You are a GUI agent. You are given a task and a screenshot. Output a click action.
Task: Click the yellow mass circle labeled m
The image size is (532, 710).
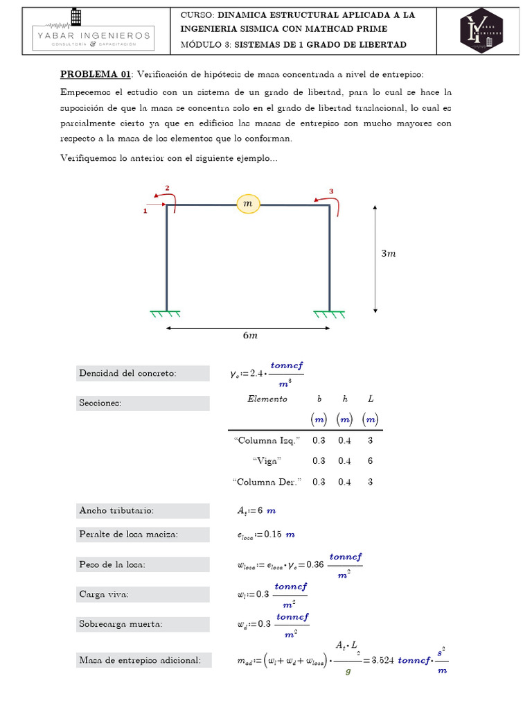[248, 203]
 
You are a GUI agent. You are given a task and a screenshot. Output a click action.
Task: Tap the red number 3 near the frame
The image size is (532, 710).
[331, 191]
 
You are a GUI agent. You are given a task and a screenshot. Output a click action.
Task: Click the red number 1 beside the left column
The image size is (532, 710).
[145, 211]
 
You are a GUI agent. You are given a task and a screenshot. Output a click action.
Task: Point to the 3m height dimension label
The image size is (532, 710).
[389, 254]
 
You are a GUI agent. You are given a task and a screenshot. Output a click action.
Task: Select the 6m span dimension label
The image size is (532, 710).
[249, 336]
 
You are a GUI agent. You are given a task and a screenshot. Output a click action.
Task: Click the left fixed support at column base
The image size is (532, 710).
[166, 314]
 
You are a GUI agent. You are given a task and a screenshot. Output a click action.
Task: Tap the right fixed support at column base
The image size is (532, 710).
[329, 314]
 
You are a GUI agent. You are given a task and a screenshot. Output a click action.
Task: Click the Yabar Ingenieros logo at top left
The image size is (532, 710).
[94, 31]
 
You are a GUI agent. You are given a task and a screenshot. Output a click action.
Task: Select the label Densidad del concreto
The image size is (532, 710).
[128, 374]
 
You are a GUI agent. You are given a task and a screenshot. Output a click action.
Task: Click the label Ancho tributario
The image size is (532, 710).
[117, 511]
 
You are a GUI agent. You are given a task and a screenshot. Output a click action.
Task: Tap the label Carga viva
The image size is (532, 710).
[105, 594]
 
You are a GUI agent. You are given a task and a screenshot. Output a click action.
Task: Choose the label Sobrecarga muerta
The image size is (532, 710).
[121, 624]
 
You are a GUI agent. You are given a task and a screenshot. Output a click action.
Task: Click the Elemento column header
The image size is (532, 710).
[267, 399]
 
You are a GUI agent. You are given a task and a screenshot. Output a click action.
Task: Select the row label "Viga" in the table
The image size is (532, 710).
[267, 460]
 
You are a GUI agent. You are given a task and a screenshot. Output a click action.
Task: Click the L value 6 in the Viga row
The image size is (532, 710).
[371, 460]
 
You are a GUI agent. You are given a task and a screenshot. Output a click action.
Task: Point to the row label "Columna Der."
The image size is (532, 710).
[267, 482]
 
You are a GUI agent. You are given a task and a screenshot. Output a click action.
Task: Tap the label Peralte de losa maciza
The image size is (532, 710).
[129, 534]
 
